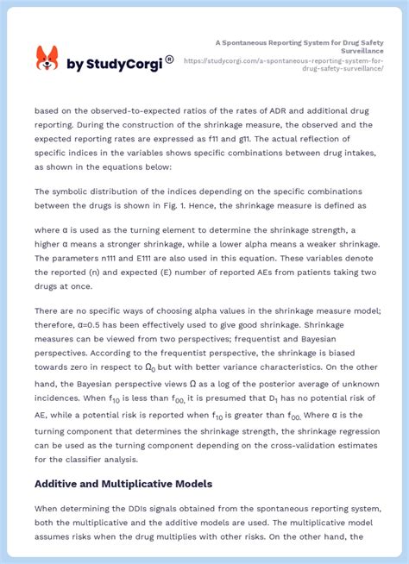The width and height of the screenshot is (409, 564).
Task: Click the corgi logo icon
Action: click(x=47, y=59)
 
